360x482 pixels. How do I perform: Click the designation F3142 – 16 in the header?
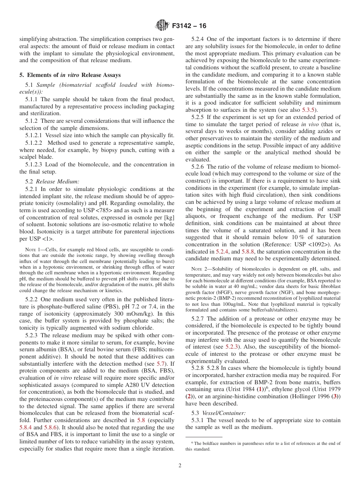coord(189,26)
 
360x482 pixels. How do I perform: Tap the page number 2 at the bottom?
coord(180,466)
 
